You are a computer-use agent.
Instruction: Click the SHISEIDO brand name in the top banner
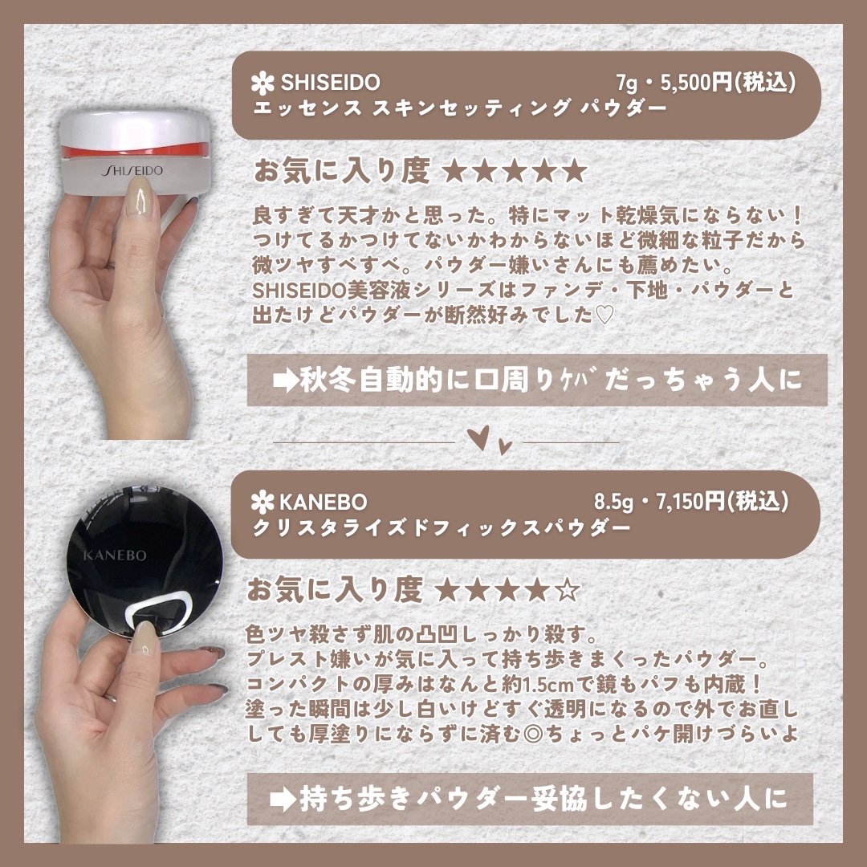(x=330, y=83)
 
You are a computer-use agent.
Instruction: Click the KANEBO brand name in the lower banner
(x=324, y=502)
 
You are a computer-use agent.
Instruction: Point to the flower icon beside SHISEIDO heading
(x=263, y=83)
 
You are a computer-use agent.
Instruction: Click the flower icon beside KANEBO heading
(x=262, y=502)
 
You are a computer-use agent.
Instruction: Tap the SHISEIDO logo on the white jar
(x=132, y=170)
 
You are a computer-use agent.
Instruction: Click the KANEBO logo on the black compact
(x=115, y=555)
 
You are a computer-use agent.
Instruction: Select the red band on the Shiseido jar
(x=136, y=151)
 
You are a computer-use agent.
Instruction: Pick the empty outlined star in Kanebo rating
(x=568, y=591)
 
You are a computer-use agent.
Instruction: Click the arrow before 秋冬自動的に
(x=286, y=381)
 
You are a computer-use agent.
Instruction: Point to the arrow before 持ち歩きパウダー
(x=283, y=800)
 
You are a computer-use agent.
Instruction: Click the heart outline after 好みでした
(x=605, y=315)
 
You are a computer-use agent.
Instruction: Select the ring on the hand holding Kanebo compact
(x=111, y=698)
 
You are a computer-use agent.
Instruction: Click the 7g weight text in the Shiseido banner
(x=628, y=83)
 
